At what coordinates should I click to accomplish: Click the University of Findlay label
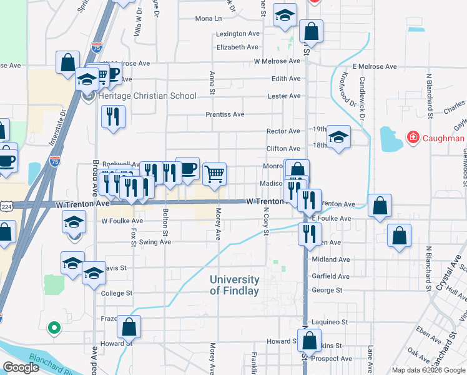[x=234, y=285]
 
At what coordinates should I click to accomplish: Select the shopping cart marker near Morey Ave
[x=214, y=174]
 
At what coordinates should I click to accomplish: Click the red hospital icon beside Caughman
[x=412, y=137]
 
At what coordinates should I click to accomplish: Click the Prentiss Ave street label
[x=225, y=114]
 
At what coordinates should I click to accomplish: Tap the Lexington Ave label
[x=238, y=33]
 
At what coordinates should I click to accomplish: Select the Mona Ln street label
[x=209, y=19]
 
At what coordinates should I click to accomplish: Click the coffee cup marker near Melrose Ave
[x=112, y=74]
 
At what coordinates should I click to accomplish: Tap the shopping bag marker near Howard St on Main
[x=309, y=341]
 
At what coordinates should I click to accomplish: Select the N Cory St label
[x=266, y=222]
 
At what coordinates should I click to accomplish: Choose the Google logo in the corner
[x=20, y=367]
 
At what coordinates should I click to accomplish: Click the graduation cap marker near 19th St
[x=338, y=136]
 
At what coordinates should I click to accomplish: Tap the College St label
[x=117, y=292]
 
